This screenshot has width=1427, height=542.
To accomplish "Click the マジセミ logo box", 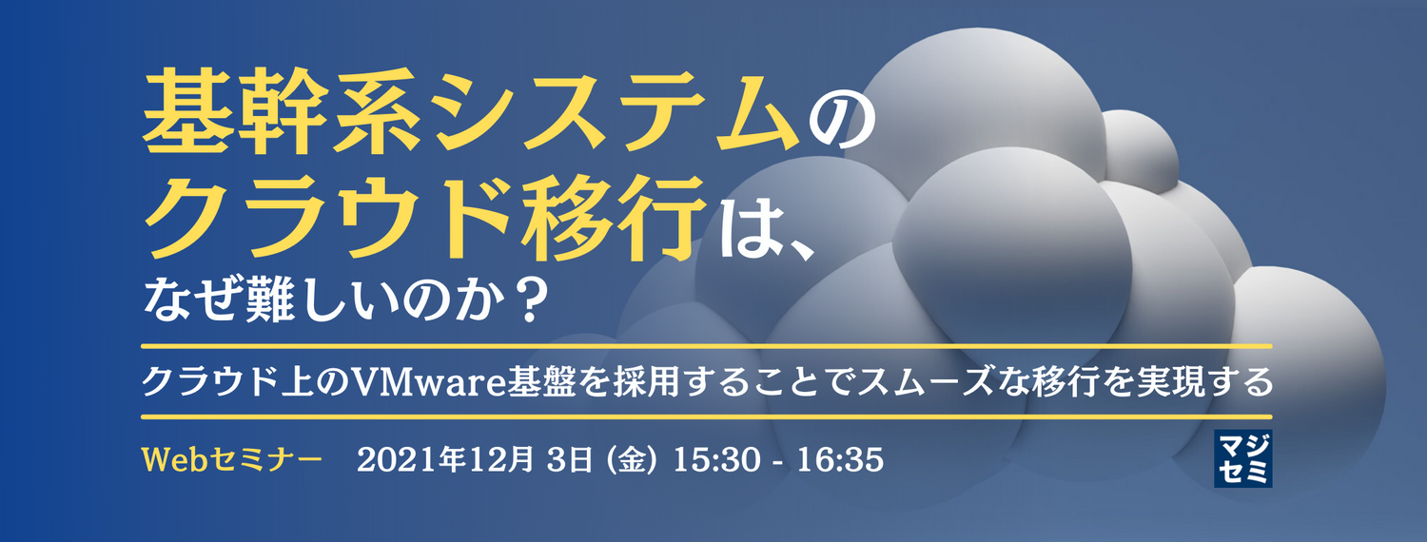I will [x=1242, y=458].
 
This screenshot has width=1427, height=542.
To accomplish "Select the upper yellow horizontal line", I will [x=706, y=344].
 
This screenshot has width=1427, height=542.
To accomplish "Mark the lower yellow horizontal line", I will [x=706, y=416].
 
